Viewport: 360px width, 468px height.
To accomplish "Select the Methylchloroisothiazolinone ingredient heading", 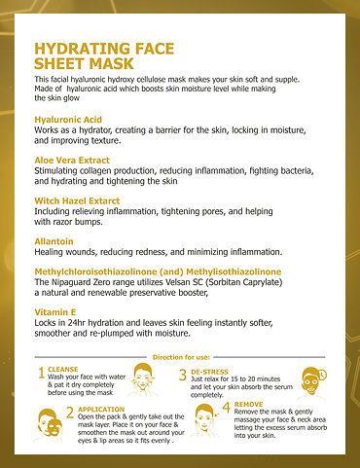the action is pyautogui.click(x=158, y=270).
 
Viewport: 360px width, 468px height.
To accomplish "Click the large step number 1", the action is pyautogui.click(x=41, y=374).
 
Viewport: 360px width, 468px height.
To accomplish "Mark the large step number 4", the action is pyautogui.click(x=226, y=407).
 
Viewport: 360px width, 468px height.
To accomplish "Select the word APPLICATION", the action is pyautogui.click(x=101, y=410).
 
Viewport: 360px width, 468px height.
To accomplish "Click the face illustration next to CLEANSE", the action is pyautogui.click(x=145, y=378).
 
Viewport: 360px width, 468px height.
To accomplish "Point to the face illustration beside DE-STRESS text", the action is pyautogui.click(x=310, y=380).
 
